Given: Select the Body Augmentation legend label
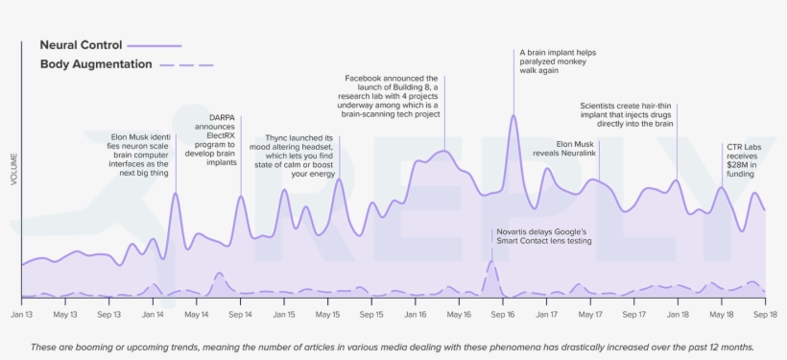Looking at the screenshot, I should tap(96, 64).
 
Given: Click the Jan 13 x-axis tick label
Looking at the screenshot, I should tap(21, 314).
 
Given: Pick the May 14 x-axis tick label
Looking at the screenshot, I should tap(196, 314).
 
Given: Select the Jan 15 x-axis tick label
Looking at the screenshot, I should tap(284, 314).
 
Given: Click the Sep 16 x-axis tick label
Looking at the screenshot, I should tap(503, 314).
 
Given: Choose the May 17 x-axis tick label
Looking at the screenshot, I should tap(590, 314).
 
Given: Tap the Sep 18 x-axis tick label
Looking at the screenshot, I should tap(765, 314).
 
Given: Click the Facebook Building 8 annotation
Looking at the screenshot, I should tap(392, 96).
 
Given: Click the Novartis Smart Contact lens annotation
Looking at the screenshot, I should tap(543, 236).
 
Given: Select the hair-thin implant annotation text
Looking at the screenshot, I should tap(628, 114).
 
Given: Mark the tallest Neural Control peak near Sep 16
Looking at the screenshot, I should tap(513, 116).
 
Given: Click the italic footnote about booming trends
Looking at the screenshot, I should tap(393, 347).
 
